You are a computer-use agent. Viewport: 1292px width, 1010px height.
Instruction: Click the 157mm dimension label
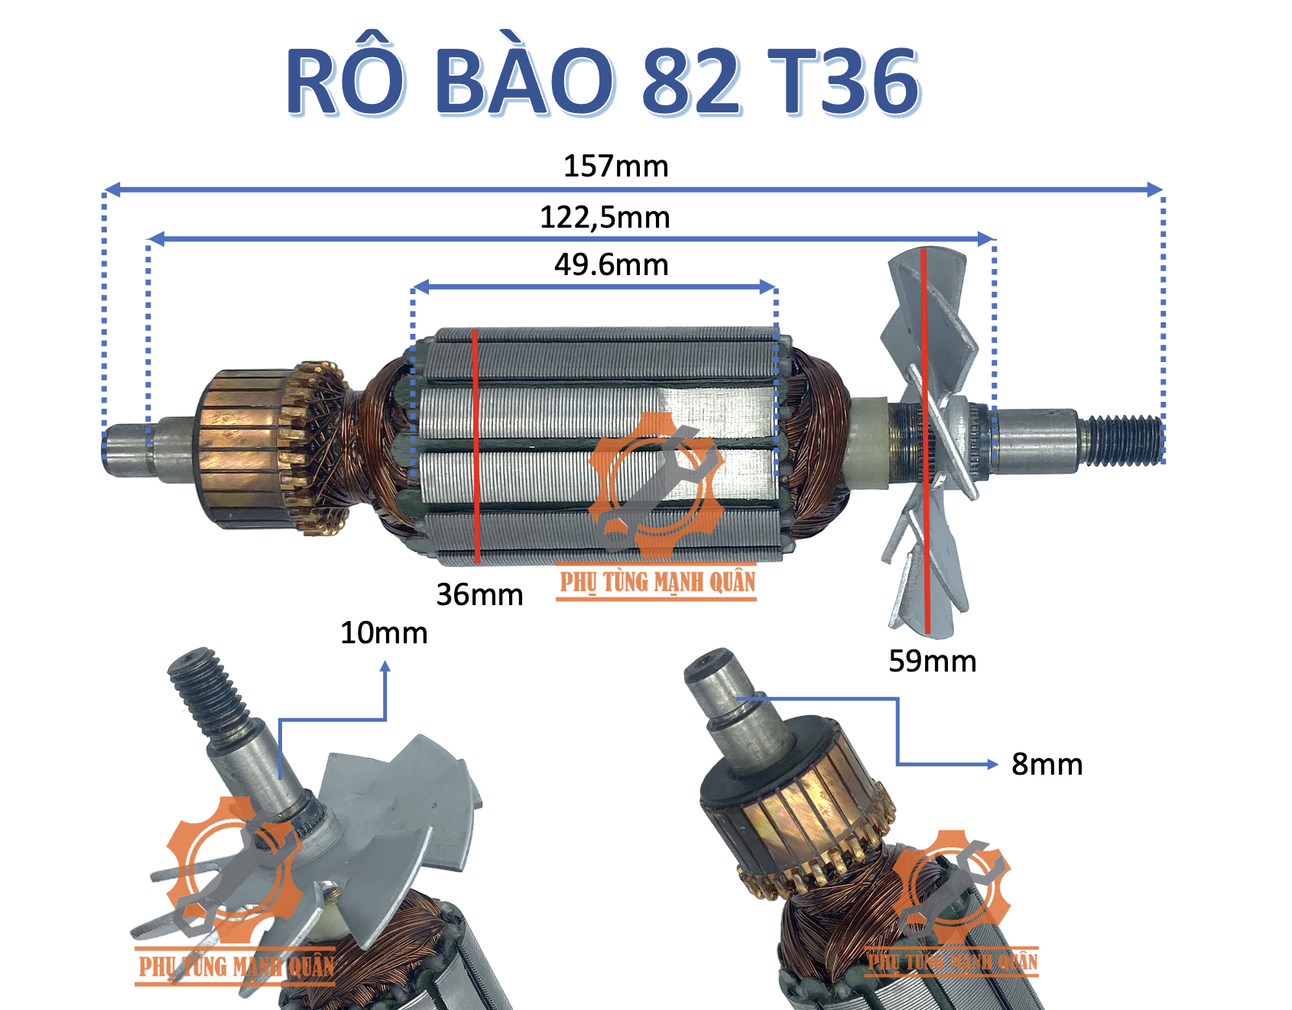click(x=615, y=167)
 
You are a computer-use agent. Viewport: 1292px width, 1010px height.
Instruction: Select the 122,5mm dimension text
click(x=605, y=218)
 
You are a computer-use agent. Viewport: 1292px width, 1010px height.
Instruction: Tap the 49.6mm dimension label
click(x=611, y=265)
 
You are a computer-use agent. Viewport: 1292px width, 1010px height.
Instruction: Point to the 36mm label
click(x=479, y=595)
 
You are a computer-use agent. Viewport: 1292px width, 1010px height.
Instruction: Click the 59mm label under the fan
click(x=932, y=662)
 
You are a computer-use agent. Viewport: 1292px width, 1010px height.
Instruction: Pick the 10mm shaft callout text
click(x=384, y=633)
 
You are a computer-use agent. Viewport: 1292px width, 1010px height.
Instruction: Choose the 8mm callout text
click(x=1047, y=765)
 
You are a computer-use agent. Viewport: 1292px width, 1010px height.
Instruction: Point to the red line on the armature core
click(x=476, y=447)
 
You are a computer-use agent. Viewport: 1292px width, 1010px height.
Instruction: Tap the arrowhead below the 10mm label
click(x=385, y=667)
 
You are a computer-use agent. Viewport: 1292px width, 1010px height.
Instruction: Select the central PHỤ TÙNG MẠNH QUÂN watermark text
click(x=657, y=583)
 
